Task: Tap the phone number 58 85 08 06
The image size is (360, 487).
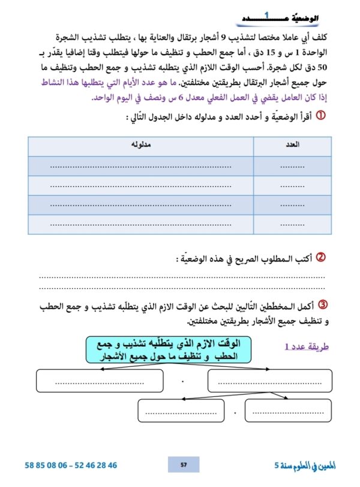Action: point(50,465)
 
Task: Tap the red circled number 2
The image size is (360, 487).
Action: point(320,257)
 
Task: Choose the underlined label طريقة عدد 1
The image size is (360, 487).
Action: point(301,347)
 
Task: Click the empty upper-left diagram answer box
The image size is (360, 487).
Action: point(100,380)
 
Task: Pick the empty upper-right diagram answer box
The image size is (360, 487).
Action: point(269,380)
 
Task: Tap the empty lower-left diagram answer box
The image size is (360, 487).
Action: point(181,411)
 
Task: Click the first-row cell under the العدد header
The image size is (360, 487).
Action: point(292,166)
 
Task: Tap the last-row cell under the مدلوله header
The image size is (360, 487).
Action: point(141,224)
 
